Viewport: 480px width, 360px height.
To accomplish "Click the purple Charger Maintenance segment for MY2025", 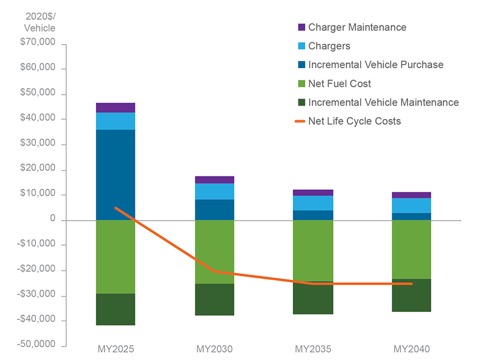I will click(116, 107).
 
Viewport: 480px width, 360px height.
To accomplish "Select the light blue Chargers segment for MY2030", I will click(214, 191).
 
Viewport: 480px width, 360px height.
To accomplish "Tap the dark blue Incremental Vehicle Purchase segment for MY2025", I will click(116, 174).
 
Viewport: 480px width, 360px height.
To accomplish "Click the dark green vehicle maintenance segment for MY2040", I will click(411, 296).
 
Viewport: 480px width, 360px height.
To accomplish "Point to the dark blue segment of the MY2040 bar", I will click(411, 217).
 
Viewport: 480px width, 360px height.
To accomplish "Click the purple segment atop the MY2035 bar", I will click(313, 192).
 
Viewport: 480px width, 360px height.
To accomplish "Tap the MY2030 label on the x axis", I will click(214, 350).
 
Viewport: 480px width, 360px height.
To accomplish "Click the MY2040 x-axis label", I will click(411, 350).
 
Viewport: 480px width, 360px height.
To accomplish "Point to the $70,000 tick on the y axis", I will click(38, 43).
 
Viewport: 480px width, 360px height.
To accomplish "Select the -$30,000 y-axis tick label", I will click(37, 295).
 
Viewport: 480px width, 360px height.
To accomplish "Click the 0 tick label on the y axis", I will click(52, 219).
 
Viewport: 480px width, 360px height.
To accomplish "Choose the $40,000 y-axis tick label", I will click(38, 118).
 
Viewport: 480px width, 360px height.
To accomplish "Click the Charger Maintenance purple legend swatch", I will click(301, 27).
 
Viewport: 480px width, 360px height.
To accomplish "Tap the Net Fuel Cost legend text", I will click(339, 84).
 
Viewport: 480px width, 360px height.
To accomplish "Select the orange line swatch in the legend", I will click(301, 121).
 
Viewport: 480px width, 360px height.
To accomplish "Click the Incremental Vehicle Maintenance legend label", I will click(383, 102).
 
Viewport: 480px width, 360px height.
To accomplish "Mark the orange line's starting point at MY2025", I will click(116, 207).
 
